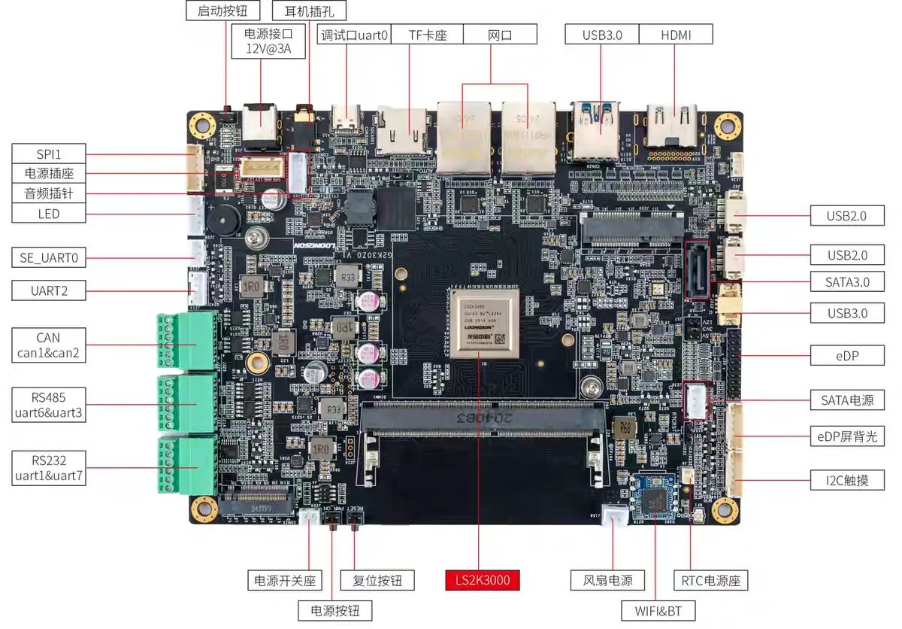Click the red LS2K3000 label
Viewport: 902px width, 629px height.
pos(482,580)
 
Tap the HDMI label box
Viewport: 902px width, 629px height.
pos(676,35)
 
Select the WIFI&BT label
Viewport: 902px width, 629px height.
pos(658,610)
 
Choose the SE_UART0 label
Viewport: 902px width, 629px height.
pos(49,258)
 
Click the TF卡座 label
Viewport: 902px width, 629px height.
pos(428,35)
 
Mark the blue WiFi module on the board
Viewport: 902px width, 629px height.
pos(652,497)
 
